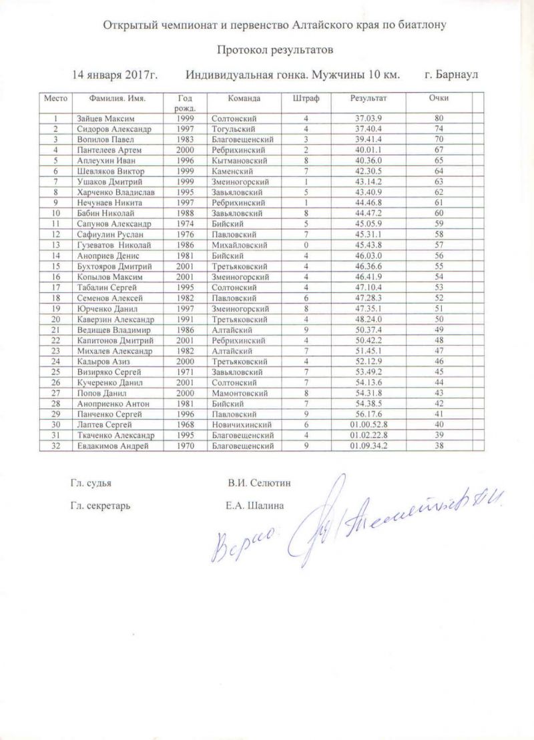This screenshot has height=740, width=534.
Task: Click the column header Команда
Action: (x=244, y=98)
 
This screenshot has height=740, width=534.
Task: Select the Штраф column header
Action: (x=306, y=98)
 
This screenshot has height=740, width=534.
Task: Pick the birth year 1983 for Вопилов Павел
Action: (x=186, y=139)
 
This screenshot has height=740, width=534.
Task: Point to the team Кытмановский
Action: (x=238, y=161)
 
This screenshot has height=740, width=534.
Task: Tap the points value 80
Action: (x=439, y=118)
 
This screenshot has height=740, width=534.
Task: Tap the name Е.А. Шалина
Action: (x=256, y=505)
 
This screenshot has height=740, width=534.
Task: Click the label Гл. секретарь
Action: (x=99, y=505)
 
